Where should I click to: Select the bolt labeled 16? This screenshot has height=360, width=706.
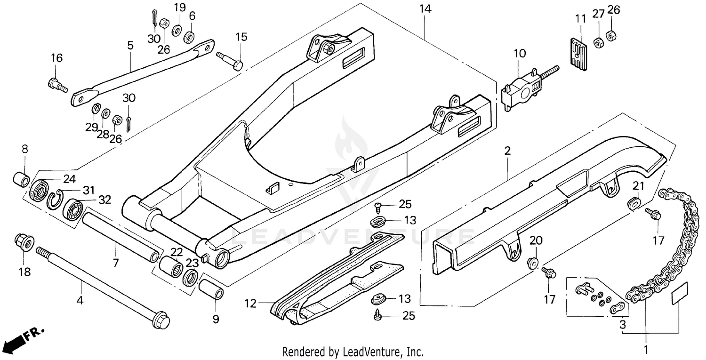coord(57,86)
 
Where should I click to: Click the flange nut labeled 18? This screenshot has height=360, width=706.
coord(24,242)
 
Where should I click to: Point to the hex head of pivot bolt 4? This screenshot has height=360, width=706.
coord(160,320)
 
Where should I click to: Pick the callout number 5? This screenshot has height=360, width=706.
coord(130,46)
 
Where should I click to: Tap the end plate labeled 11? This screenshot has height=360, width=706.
coord(577,56)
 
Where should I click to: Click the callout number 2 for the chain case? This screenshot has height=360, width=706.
coord(507,151)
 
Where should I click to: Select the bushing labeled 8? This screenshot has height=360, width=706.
coord(21,179)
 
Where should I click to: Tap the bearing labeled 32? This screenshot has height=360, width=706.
coord(74,207)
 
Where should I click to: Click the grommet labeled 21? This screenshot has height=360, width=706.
coord(634,203)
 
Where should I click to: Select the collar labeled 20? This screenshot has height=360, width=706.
coord(533,262)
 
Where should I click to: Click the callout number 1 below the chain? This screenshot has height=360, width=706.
coord(646,350)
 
